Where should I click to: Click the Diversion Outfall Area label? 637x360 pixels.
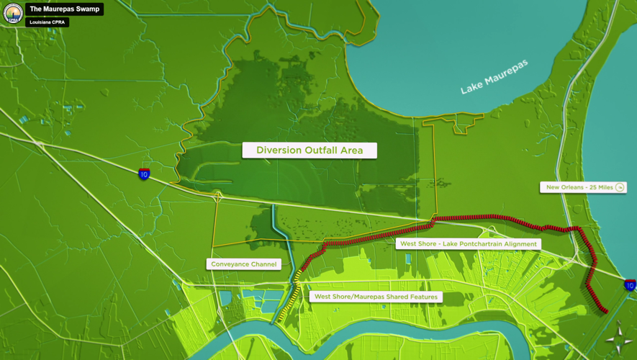coord(309,150)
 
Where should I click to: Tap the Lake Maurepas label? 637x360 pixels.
coord(494,76)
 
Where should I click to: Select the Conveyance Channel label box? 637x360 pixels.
coord(244,264)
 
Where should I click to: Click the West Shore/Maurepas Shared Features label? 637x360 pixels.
coord(376,297)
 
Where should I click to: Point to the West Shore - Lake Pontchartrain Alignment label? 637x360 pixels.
coord(468,244)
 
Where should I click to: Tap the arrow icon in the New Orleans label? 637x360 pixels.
coord(620,187)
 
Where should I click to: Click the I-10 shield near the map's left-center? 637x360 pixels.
coord(145,174)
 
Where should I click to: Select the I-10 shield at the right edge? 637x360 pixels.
coord(630,286)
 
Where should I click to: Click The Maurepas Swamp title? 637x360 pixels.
coord(65,9)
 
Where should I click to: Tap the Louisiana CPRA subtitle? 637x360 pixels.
coord(48,22)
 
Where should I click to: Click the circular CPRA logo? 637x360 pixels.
coord(13,13)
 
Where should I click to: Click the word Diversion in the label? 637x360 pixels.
coord(278,150)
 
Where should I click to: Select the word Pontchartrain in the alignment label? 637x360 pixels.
coord(491,244)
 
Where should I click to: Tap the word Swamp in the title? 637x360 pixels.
coord(88,9)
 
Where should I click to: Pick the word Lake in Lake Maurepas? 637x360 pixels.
coord(472,86)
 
